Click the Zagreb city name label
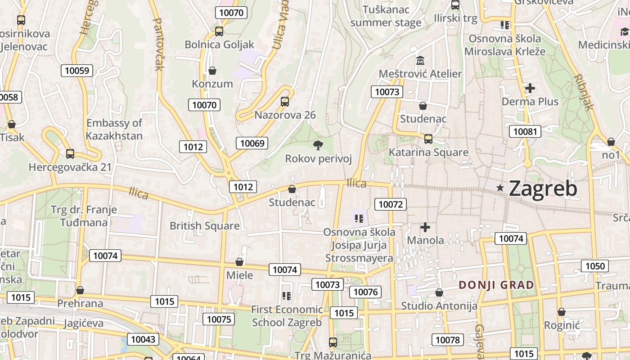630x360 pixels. (543, 189)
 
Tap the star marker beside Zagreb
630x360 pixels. (500, 188)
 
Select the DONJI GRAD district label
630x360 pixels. (496, 285)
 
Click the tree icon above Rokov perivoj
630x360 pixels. (318, 145)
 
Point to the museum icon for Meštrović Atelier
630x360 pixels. (420, 60)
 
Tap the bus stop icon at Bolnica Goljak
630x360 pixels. (219, 31)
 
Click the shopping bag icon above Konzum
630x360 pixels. (212, 71)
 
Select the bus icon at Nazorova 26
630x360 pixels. (285, 102)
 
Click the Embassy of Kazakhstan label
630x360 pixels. (114, 129)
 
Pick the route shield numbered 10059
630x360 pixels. (77, 70)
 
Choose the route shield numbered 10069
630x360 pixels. (252, 143)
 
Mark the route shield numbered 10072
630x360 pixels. (391, 204)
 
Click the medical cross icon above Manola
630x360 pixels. (425, 227)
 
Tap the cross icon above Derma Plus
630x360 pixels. (530, 88)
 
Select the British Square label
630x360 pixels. (204, 226)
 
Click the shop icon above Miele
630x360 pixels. (239, 262)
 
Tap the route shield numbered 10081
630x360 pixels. (525, 131)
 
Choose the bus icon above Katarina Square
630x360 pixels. (428, 139)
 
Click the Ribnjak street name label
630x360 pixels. (584, 92)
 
